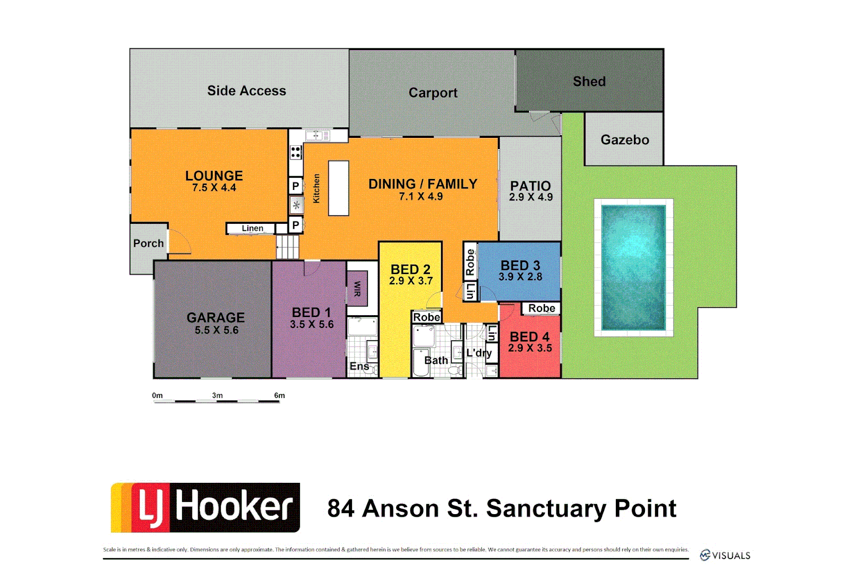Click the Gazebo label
[x=625, y=140]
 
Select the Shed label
[x=589, y=82]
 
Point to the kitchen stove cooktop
[x=296, y=152]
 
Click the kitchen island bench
[x=338, y=188]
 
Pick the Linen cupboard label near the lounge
[x=252, y=229]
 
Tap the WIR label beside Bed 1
[x=357, y=289]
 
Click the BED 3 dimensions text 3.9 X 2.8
[x=520, y=277]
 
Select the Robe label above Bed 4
[x=541, y=309]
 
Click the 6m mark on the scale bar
[x=279, y=396]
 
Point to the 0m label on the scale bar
[x=157, y=396]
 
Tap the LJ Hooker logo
[x=205, y=507]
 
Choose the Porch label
[x=149, y=244]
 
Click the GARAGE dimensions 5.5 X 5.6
[x=217, y=331]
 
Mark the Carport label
[x=433, y=93]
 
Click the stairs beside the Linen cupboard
[x=287, y=247]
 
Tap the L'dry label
[x=478, y=353]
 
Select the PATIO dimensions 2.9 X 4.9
[x=531, y=197]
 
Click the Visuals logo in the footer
[x=725, y=555]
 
